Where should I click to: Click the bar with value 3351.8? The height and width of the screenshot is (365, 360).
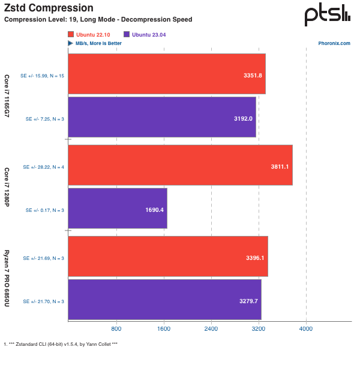(166, 74)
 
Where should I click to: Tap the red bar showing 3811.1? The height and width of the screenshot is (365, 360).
(180, 165)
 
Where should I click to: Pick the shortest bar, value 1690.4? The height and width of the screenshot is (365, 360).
(117, 208)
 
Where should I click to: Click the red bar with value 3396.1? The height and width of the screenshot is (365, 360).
(167, 256)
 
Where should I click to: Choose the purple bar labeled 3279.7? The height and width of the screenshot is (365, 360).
(164, 300)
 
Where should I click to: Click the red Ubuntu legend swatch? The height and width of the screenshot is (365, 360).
(71, 35)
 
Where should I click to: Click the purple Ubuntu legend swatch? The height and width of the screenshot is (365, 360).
(126, 35)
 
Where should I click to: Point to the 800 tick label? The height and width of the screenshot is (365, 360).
(116, 330)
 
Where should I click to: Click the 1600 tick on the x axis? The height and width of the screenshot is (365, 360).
(163, 330)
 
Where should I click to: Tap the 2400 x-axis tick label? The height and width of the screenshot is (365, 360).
(211, 330)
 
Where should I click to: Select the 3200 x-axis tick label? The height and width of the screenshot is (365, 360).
(259, 330)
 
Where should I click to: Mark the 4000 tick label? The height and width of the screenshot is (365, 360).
(306, 330)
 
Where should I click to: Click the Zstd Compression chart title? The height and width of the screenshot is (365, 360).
(49, 8)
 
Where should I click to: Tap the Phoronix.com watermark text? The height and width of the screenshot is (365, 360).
(335, 44)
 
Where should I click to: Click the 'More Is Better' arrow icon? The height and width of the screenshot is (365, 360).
(71, 43)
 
